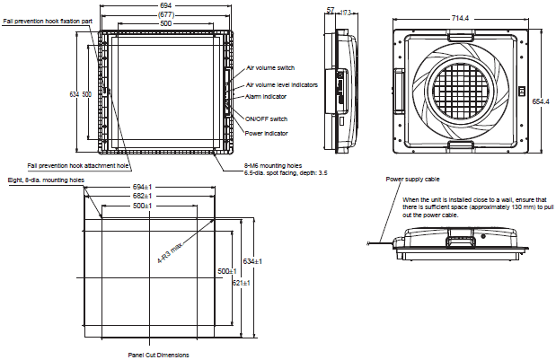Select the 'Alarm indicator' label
tap(266, 95)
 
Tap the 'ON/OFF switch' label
tap(266, 119)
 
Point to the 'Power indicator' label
tap(266, 134)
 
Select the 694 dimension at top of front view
tap(165, 5)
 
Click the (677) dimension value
tap(165, 14)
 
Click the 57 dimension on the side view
tap(330, 11)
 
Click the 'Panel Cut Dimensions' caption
tap(158, 356)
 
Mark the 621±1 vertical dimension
tap(239, 283)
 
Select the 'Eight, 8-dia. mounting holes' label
tap(46, 180)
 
